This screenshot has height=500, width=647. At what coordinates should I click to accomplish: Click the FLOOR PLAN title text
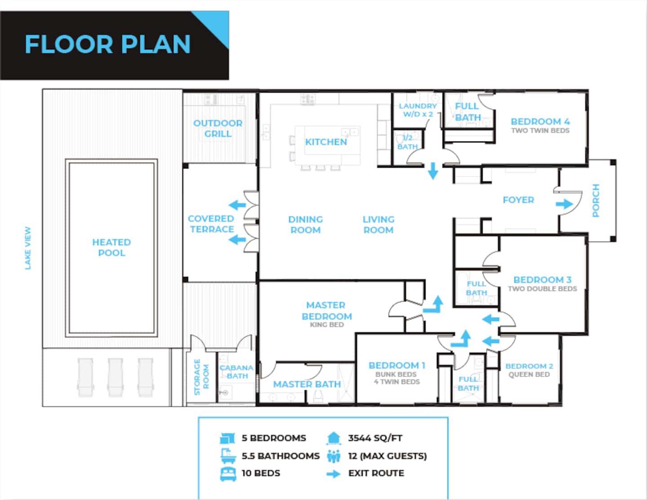coord(107,44)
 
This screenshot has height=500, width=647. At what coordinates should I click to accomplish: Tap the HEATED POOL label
coord(111,248)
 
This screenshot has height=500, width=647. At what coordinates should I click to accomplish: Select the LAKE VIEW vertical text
coord(28,248)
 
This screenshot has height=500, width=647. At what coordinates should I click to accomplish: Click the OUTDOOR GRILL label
coord(217,128)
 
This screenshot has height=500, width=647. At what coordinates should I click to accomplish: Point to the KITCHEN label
coord(326,142)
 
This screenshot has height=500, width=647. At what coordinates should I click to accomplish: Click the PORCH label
coord(596,200)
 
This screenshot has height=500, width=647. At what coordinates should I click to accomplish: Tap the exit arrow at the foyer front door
coord(564,204)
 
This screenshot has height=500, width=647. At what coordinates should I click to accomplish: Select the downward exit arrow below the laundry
coord(433,171)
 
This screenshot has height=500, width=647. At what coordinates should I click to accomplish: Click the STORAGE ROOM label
coord(201,377)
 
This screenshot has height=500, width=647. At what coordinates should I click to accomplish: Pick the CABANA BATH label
coord(236,372)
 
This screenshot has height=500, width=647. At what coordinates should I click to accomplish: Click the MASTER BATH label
coord(307,384)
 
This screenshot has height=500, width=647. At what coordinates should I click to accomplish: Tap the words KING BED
coord(327,325)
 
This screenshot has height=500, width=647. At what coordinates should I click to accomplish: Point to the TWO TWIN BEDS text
coord(541,130)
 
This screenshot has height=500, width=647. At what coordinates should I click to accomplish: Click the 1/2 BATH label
coord(408,142)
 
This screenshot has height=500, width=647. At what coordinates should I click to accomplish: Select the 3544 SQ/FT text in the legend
coord(375,438)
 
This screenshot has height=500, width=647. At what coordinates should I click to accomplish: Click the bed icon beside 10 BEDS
coord(228,473)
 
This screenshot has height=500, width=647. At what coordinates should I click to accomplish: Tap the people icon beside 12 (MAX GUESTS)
coord(333,456)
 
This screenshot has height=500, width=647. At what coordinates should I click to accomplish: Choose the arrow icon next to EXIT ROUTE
coord(333,473)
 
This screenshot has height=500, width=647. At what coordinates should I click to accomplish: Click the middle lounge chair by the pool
coord(115,377)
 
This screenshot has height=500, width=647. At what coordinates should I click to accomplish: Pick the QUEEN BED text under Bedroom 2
coord(529,374)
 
